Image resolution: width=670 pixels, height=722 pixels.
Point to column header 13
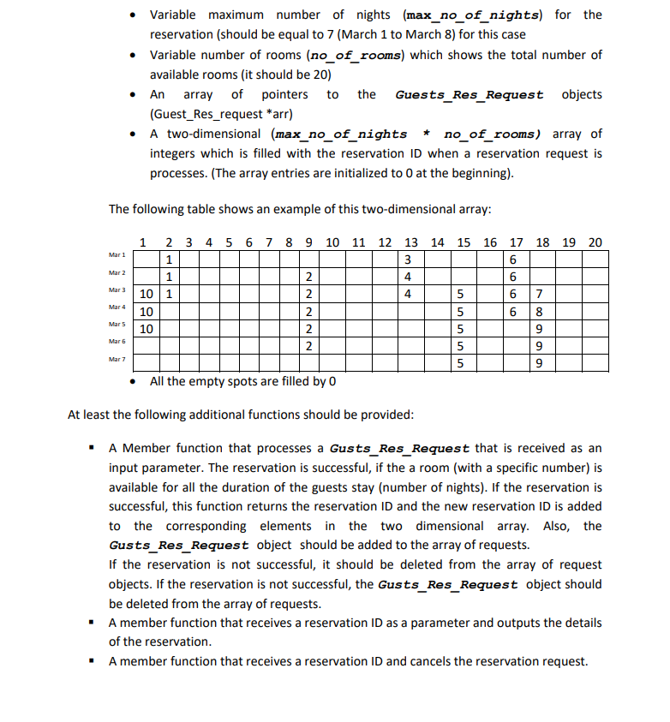(x=410, y=242)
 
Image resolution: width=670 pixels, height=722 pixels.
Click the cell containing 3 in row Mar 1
(x=409, y=260)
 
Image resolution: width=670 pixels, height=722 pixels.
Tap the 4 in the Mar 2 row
(x=409, y=277)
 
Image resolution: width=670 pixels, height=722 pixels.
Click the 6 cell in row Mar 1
(x=512, y=260)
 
